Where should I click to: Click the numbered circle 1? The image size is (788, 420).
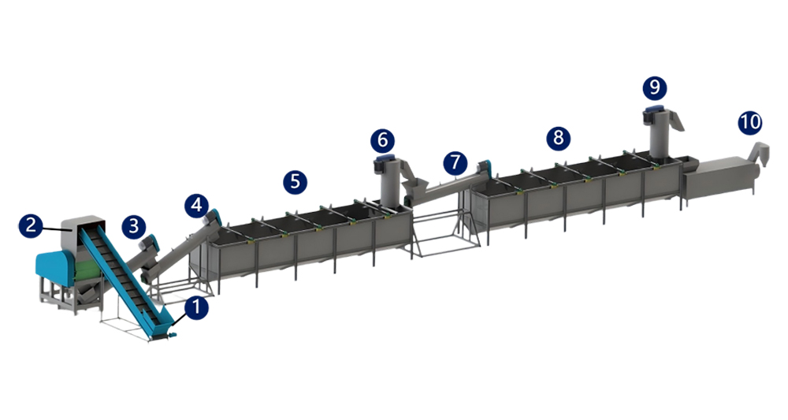[196, 307]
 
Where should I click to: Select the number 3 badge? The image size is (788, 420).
[134, 227]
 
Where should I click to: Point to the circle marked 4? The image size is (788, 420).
[196, 206]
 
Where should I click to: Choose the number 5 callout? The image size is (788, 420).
[295, 182]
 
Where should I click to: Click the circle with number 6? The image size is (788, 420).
[383, 141]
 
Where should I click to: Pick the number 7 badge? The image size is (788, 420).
[455, 163]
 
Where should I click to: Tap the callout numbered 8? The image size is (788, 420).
[559, 138]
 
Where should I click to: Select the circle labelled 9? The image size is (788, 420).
[655, 88]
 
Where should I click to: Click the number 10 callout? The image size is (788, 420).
[750, 123]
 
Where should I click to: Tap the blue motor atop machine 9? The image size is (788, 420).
[654, 110]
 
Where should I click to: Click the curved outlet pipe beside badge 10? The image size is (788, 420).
[760, 152]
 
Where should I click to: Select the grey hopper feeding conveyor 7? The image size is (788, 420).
[414, 188]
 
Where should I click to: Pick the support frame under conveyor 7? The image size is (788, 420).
[444, 234]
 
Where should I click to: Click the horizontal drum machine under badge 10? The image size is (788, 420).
[719, 177]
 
